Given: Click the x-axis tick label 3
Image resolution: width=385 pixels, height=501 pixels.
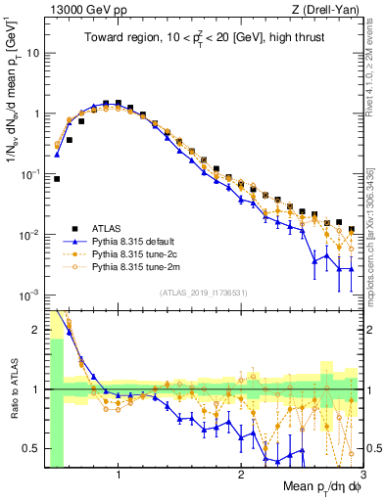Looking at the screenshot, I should click(x=362, y=475).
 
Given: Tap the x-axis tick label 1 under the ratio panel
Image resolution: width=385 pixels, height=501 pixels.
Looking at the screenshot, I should click(x=119, y=475).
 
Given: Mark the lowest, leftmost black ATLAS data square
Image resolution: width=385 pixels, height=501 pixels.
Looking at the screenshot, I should click(x=57, y=179).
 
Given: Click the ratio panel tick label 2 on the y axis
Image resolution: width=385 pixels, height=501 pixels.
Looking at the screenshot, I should click(x=36, y=330).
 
